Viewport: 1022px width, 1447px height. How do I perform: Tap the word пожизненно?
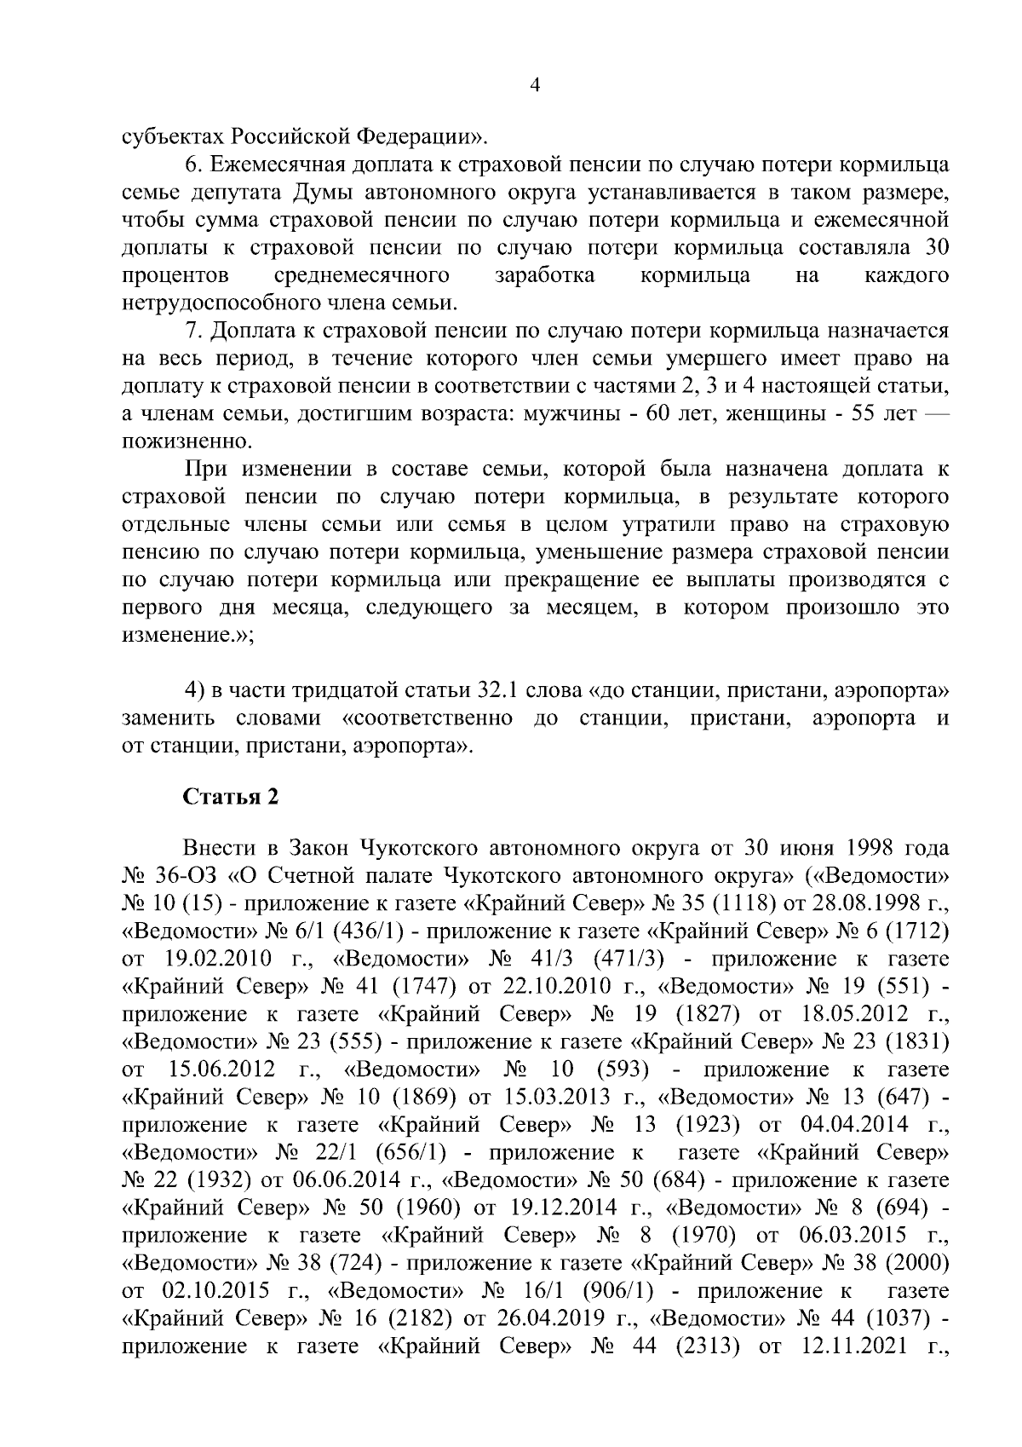(x=176, y=441)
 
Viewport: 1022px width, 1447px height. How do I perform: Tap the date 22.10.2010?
(x=558, y=986)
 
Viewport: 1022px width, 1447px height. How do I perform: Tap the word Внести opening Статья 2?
(x=219, y=848)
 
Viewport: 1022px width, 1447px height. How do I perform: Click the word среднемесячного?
(x=363, y=276)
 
